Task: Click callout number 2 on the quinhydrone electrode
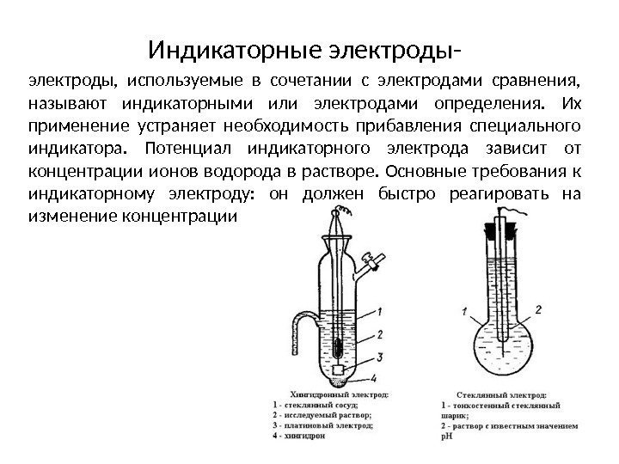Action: point(379,333)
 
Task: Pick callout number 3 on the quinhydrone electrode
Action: point(379,356)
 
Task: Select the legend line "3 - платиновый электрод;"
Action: point(322,424)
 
